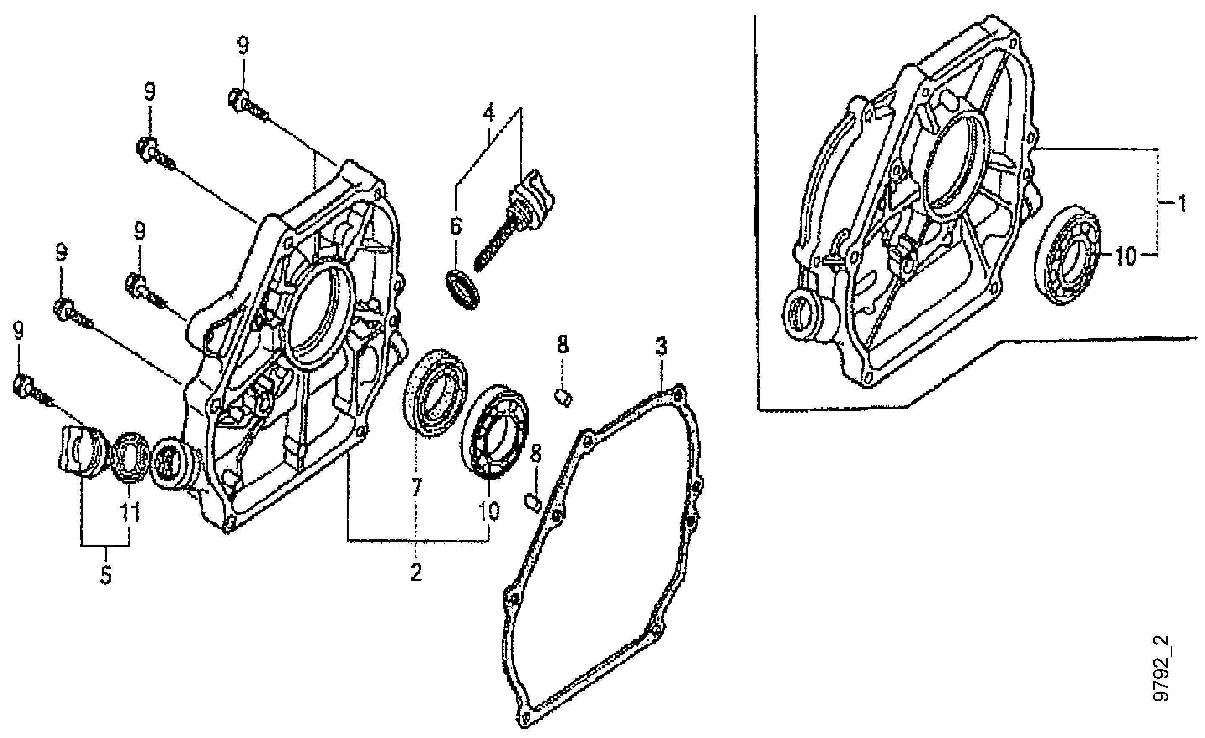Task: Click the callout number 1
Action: (1181, 203)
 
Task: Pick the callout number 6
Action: (456, 227)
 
